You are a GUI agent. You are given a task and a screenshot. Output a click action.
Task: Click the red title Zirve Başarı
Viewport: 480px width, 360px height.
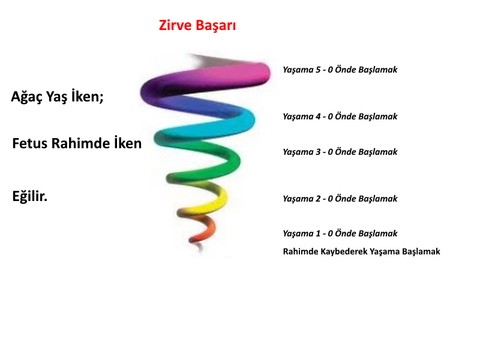[197, 25]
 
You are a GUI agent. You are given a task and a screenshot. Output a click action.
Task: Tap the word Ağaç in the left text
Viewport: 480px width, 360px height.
[26, 97]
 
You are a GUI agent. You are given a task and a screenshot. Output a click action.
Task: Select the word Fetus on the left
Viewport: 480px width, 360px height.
[29, 143]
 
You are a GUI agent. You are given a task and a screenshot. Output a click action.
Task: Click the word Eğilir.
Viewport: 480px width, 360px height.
[29, 196]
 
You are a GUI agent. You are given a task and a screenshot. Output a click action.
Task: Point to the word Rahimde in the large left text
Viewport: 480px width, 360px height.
[80, 143]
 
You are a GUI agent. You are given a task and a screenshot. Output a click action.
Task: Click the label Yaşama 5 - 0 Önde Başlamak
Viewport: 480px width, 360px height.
[340, 70]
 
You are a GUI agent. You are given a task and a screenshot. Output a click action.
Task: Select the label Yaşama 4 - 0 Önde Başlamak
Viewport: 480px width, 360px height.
[340, 116]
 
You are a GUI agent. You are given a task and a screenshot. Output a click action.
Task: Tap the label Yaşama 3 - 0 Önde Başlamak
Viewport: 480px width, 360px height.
[340, 152]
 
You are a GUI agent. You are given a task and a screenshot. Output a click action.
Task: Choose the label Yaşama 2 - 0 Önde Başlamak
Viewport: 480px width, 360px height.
[340, 199]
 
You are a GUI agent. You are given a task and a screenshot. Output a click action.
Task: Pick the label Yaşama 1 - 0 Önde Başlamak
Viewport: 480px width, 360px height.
[340, 233]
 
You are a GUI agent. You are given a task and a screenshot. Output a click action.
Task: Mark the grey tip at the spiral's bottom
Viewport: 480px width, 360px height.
[200, 247]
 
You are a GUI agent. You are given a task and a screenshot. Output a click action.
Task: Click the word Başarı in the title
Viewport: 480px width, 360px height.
[216, 25]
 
